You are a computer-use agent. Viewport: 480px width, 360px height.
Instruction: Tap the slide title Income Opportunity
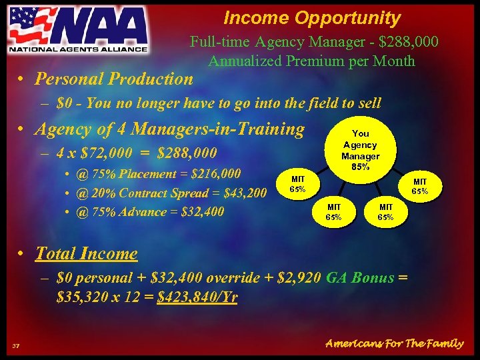[x=312, y=18]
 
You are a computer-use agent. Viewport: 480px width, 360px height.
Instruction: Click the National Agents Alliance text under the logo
[x=77, y=49]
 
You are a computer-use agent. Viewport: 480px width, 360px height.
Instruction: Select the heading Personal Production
[x=114, y=79]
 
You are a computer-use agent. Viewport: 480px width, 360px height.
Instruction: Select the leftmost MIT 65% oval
[x=297, y=183]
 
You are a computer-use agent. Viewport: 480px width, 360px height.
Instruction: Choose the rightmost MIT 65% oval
[x=420, y=186]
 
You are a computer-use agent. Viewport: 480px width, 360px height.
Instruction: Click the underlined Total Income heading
[x=86, y=253]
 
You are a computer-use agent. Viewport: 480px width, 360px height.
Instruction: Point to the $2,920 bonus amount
[x=295, y=277]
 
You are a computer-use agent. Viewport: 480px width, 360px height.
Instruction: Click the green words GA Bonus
[x=359, y=277]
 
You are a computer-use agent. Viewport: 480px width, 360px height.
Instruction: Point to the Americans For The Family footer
[x=394, y=343]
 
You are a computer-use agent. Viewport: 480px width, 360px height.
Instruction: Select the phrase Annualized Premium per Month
[x=311, y=61]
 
